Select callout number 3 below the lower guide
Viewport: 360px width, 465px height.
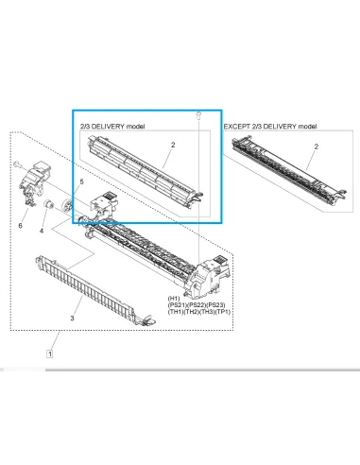point(72,318)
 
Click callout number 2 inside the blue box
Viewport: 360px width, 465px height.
point(173,144)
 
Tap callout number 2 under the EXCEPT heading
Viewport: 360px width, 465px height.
point(315,144)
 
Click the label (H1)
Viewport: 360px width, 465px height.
point(175,296)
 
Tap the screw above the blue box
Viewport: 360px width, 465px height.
point(199,114)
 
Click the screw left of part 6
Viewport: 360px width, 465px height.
point(17,164)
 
